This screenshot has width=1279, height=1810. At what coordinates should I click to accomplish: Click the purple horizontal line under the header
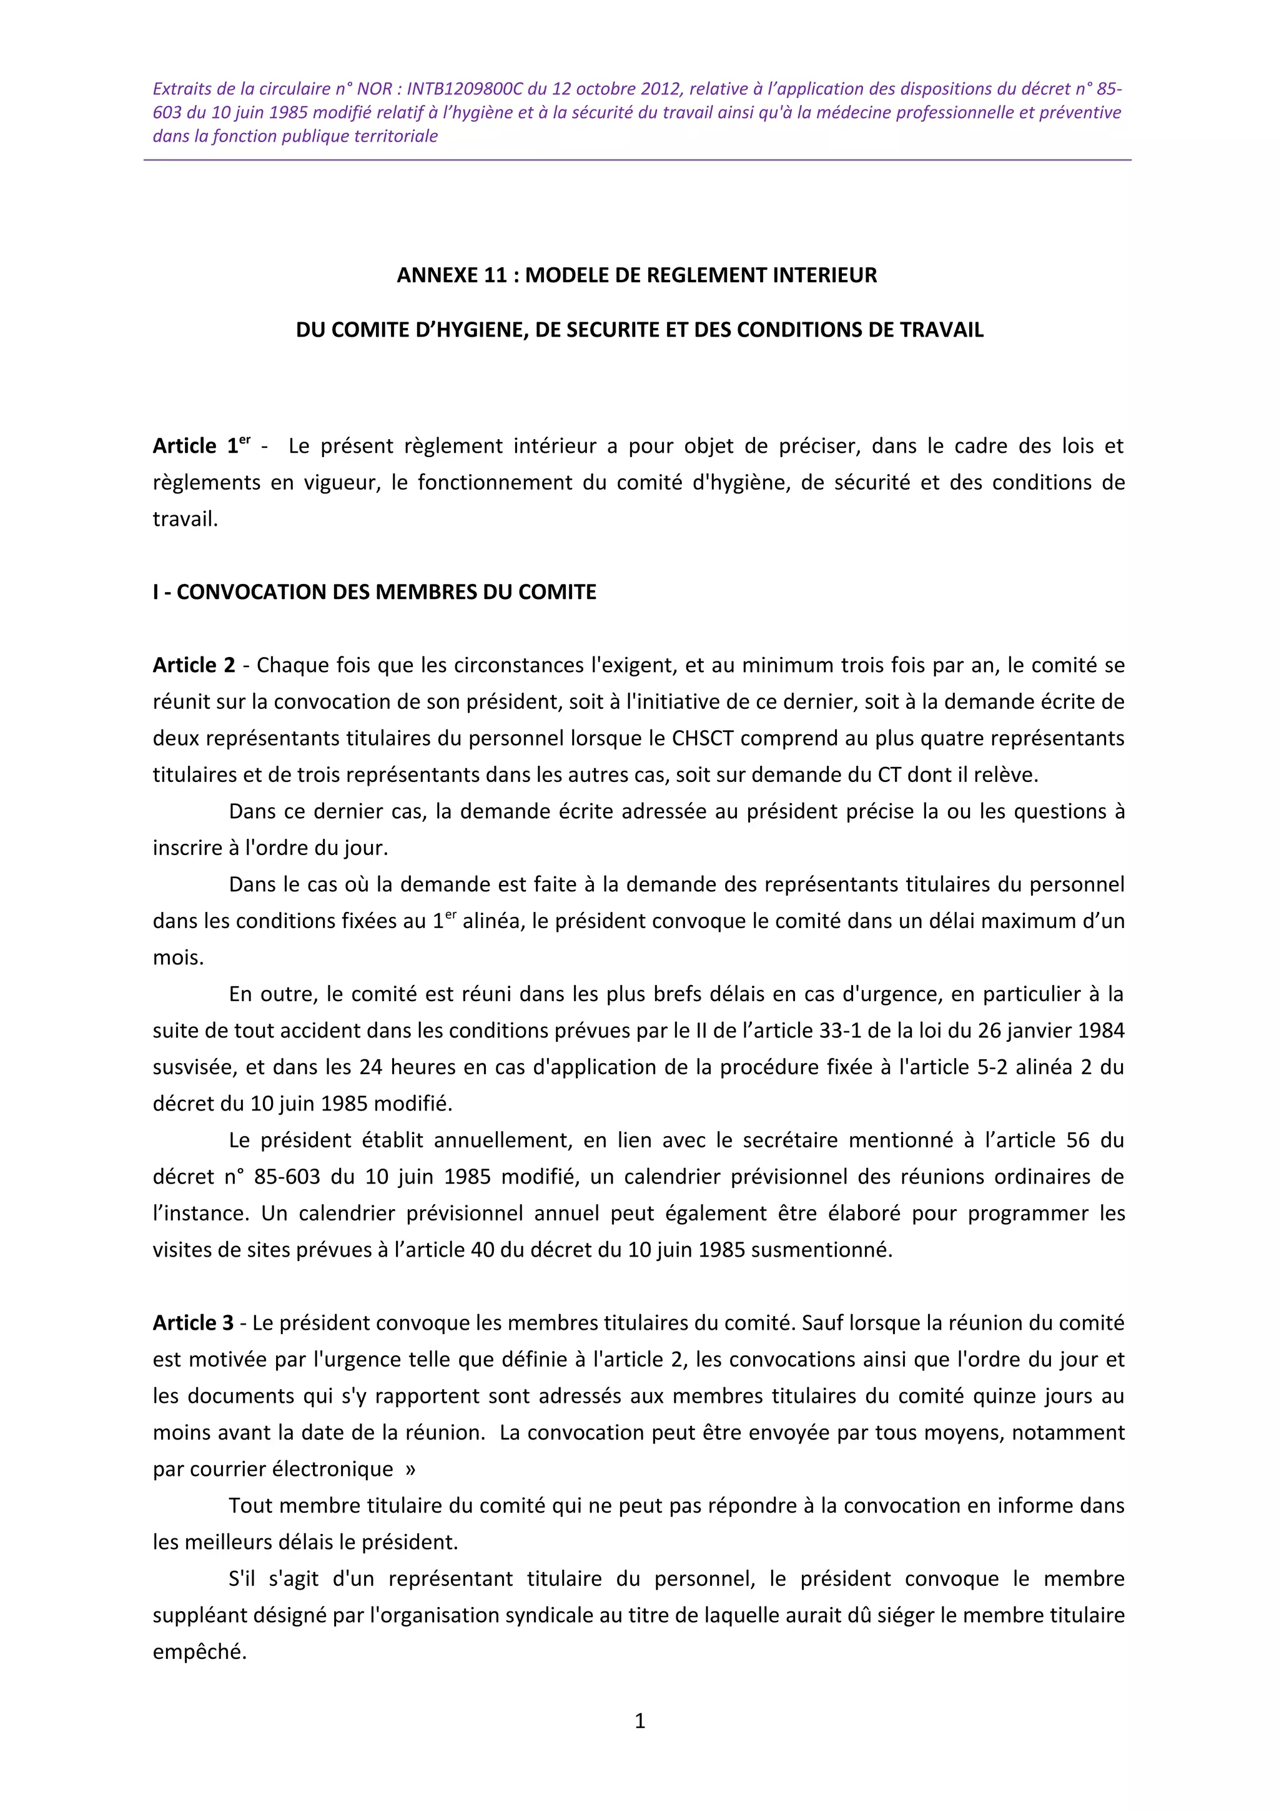click(x=637, y=160)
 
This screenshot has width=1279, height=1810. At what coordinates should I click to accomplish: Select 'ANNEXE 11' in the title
click(x=452, y=275)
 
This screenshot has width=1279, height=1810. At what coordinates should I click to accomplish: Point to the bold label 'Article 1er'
click(x=202, y=445)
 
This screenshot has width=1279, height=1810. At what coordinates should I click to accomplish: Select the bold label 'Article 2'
click(x=194, y=665)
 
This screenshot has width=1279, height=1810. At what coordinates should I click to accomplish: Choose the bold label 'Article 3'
click(x=194, y=1323)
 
